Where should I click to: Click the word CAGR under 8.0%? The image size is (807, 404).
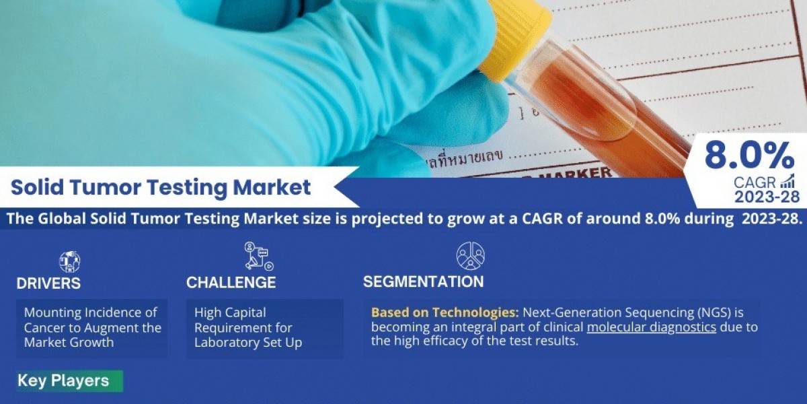click(x=755, y=182)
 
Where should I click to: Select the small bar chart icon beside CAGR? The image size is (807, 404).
click(x=787, y=180)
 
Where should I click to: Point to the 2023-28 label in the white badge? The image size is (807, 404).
click(x=767, y=197)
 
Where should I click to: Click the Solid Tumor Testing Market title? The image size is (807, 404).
click(x=161, y=187)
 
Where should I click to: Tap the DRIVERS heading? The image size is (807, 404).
click(x=48, y=283)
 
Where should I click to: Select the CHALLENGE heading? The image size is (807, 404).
click(x=231, y=283)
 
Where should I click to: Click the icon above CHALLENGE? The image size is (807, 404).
click(x=258, y=257)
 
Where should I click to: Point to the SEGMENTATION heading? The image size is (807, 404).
click(x=423, y=281)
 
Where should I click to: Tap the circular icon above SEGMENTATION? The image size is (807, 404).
click(x=470, y=256)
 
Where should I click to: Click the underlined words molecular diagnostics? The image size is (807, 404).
click(x=651, y=328)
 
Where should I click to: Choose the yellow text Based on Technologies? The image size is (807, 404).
click(x=445, y=312)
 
